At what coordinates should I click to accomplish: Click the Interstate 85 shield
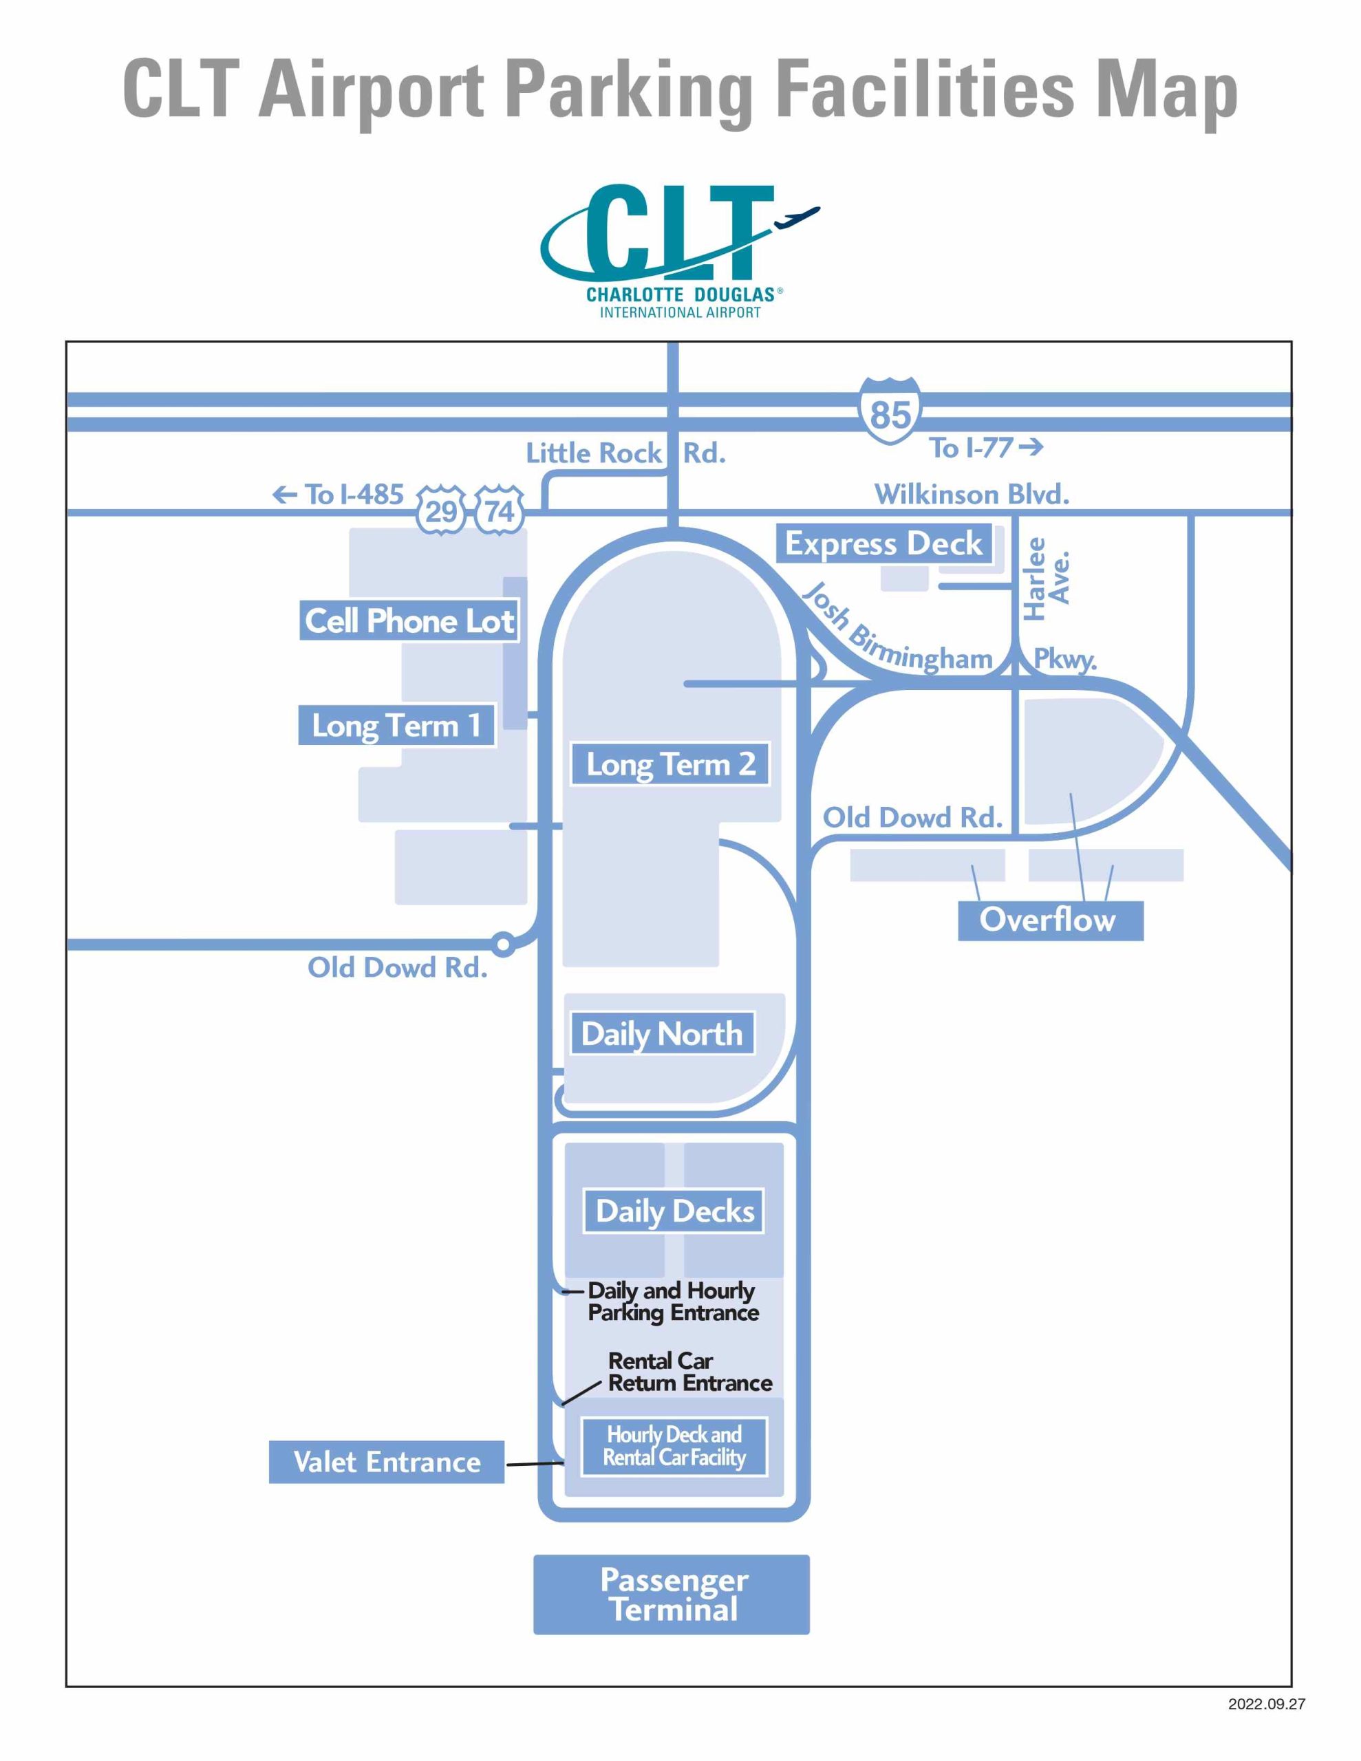[x=889, y=411]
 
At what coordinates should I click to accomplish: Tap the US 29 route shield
[x=440, y=510]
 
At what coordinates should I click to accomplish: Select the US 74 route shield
[x=499, y=510]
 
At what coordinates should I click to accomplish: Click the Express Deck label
[x=883, y=543]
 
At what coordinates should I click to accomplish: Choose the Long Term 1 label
[x=396, y=725]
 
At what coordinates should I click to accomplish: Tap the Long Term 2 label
[x=670, y=764]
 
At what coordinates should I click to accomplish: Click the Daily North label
[x=661, y=1033]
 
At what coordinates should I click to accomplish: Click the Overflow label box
[x=1049, y=920]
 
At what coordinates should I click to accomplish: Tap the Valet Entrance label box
[x=387, y=1461]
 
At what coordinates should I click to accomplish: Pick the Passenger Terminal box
[x=672, y=1594]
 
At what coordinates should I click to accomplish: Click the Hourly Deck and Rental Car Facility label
[x=674, y=1446]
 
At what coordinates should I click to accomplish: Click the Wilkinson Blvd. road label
[x=972, y=493]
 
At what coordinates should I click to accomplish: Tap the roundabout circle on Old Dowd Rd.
[x=502, y=942]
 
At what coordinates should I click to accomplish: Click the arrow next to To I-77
[x=1030, y=446]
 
